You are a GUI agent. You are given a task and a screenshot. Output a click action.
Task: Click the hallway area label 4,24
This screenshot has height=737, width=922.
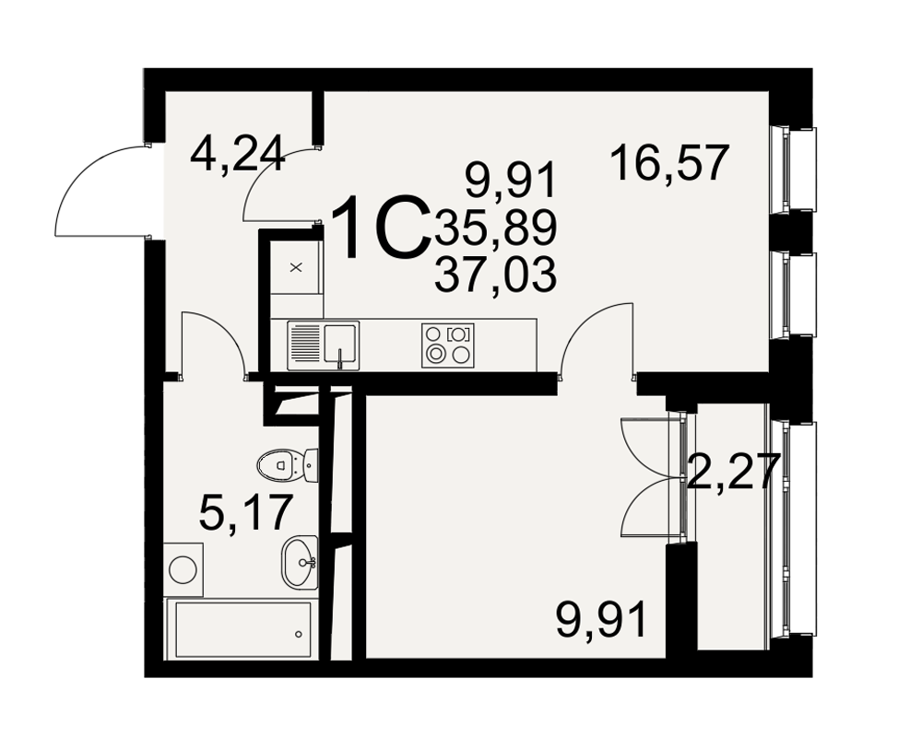[x=238, y=154]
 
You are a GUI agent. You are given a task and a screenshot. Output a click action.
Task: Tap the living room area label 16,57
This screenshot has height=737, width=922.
[x=669, y=163]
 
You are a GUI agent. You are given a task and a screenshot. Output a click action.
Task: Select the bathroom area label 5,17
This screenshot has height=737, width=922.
[x=246, y=512]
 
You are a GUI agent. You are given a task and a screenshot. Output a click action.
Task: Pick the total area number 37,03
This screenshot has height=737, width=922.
[x=495, y=275]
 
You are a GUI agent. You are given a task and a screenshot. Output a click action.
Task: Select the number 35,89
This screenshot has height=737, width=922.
[x=495, y=228]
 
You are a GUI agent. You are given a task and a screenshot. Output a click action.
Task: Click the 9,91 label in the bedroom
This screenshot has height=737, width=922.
[x=601, y=618]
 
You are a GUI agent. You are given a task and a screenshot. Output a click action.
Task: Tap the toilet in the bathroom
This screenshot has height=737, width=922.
[x=288, y=465]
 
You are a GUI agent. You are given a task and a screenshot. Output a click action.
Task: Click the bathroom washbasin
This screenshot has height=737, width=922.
[x=300, y=562]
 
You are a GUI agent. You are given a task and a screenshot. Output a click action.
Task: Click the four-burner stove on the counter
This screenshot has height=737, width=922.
[x=448, y=345]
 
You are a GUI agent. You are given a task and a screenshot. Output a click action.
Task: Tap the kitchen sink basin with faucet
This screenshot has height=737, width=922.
[x=339, y=345]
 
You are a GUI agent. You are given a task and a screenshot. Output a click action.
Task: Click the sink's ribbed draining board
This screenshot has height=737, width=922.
[x=304, y=345]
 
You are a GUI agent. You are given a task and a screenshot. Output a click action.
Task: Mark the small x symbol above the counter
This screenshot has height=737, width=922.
[x=296, y=267]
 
